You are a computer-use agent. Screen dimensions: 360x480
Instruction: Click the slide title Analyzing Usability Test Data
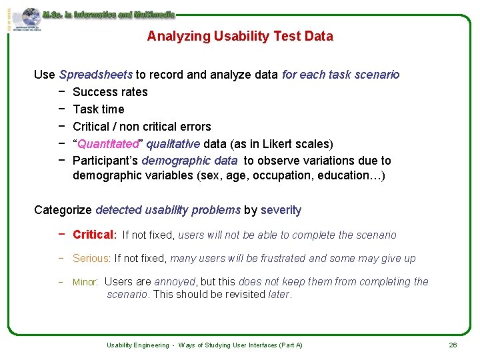pos(240,36)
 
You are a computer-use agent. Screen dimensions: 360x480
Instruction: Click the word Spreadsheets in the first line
pos(97,75)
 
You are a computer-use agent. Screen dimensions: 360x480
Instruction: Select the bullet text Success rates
pos(110,92)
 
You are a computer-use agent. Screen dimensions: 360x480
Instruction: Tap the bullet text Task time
pos(98,109)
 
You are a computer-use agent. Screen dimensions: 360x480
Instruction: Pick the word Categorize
pos(63,210)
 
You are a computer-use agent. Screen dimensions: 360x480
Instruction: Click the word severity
pos(281,210)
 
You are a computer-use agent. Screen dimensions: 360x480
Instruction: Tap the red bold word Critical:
pos(95,235)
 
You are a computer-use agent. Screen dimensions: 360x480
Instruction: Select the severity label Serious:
pos(92,258)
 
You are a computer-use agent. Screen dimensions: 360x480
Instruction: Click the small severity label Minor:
pos(85,282)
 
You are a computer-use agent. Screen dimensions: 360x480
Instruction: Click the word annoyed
pos(175,281)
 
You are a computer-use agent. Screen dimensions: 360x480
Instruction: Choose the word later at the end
pos(279,294)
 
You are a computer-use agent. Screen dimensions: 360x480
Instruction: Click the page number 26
pos(453,345)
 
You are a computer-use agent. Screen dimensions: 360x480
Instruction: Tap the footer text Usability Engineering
pos(137,345)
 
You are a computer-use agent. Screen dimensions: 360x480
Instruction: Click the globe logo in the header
pos(30,17)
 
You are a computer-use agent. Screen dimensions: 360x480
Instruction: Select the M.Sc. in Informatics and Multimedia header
pos(108,13)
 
